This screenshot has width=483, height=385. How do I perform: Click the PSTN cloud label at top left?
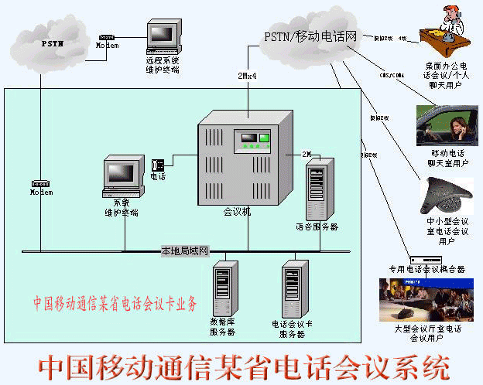52,44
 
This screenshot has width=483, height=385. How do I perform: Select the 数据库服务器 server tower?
223,288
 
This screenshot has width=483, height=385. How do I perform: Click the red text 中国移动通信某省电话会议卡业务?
115,302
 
